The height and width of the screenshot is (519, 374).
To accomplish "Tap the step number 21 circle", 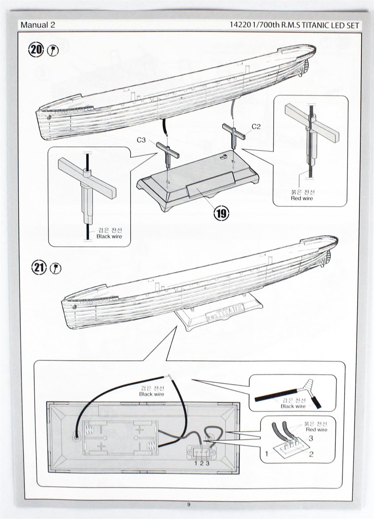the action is pos(39,268).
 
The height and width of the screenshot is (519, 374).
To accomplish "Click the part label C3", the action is pos(141,140).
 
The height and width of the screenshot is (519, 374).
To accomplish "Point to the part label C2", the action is pos(256,126).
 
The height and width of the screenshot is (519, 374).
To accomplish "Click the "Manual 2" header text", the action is pos(38,25).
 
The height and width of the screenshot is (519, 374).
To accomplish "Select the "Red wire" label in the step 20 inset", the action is pos(302,198).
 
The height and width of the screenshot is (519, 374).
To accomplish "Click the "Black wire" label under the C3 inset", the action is pos(109,237).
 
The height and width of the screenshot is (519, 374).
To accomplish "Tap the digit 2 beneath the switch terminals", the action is pos(201,463).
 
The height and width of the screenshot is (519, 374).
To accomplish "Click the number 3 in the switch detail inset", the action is pos(311,438).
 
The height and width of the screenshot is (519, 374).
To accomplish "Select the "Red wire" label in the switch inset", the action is pos(316,430).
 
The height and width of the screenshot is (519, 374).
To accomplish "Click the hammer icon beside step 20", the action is pos(53,51).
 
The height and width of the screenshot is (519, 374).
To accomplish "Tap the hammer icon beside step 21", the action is pos(55,269).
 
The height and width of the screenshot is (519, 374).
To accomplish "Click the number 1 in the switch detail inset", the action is pos(267,454).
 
